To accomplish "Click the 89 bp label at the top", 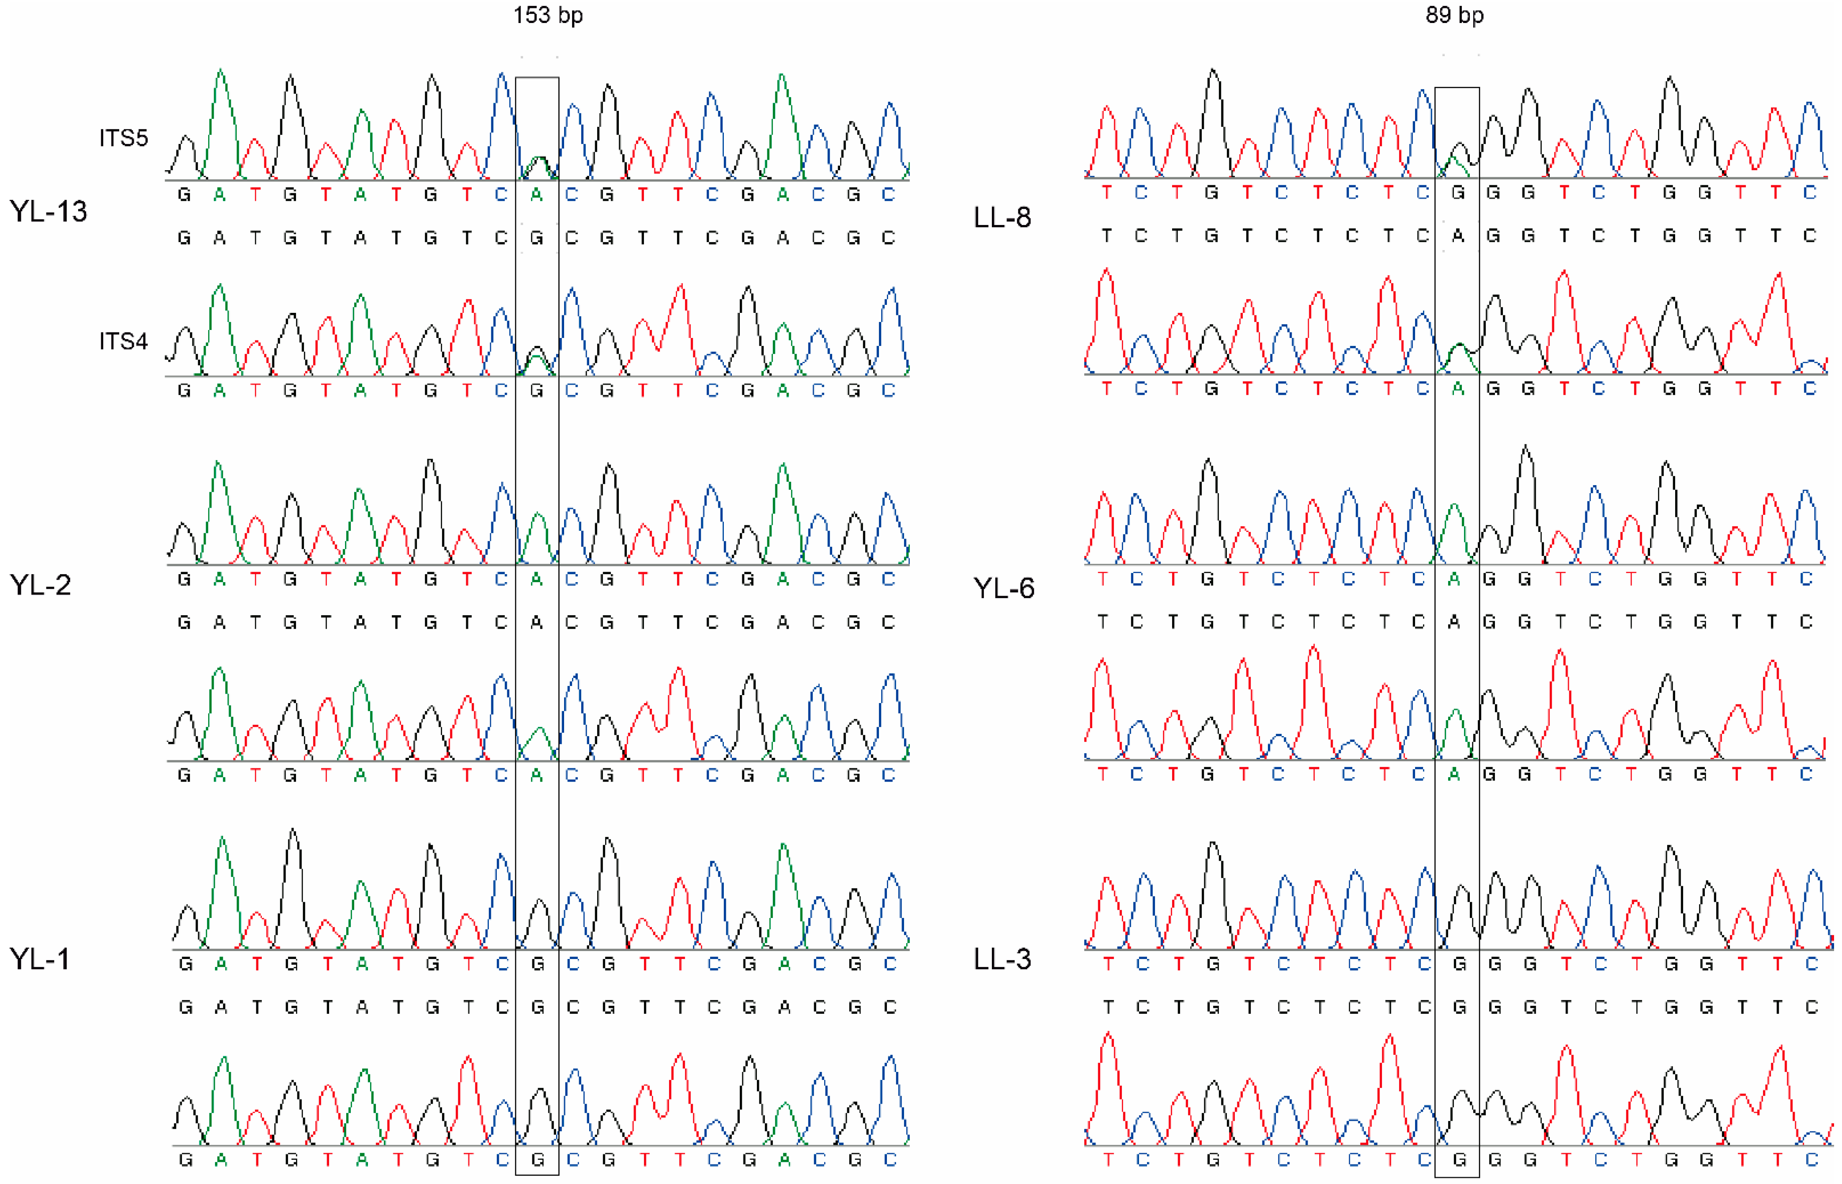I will (1454, 15).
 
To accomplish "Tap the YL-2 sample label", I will (40, 585).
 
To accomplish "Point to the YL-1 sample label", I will (39, 959).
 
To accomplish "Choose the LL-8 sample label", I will (1002, 217).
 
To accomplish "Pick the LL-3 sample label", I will (1002, 959).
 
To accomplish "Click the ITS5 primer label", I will (123, 138).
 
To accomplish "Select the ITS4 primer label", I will (123, 341).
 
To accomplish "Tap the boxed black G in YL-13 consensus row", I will (537, 238).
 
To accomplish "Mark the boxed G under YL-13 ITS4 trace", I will (537, 391).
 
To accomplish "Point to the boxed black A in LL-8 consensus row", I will (1457, 236).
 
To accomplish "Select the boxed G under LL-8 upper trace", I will (1457, 193).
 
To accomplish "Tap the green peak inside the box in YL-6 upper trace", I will (1454, 523).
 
